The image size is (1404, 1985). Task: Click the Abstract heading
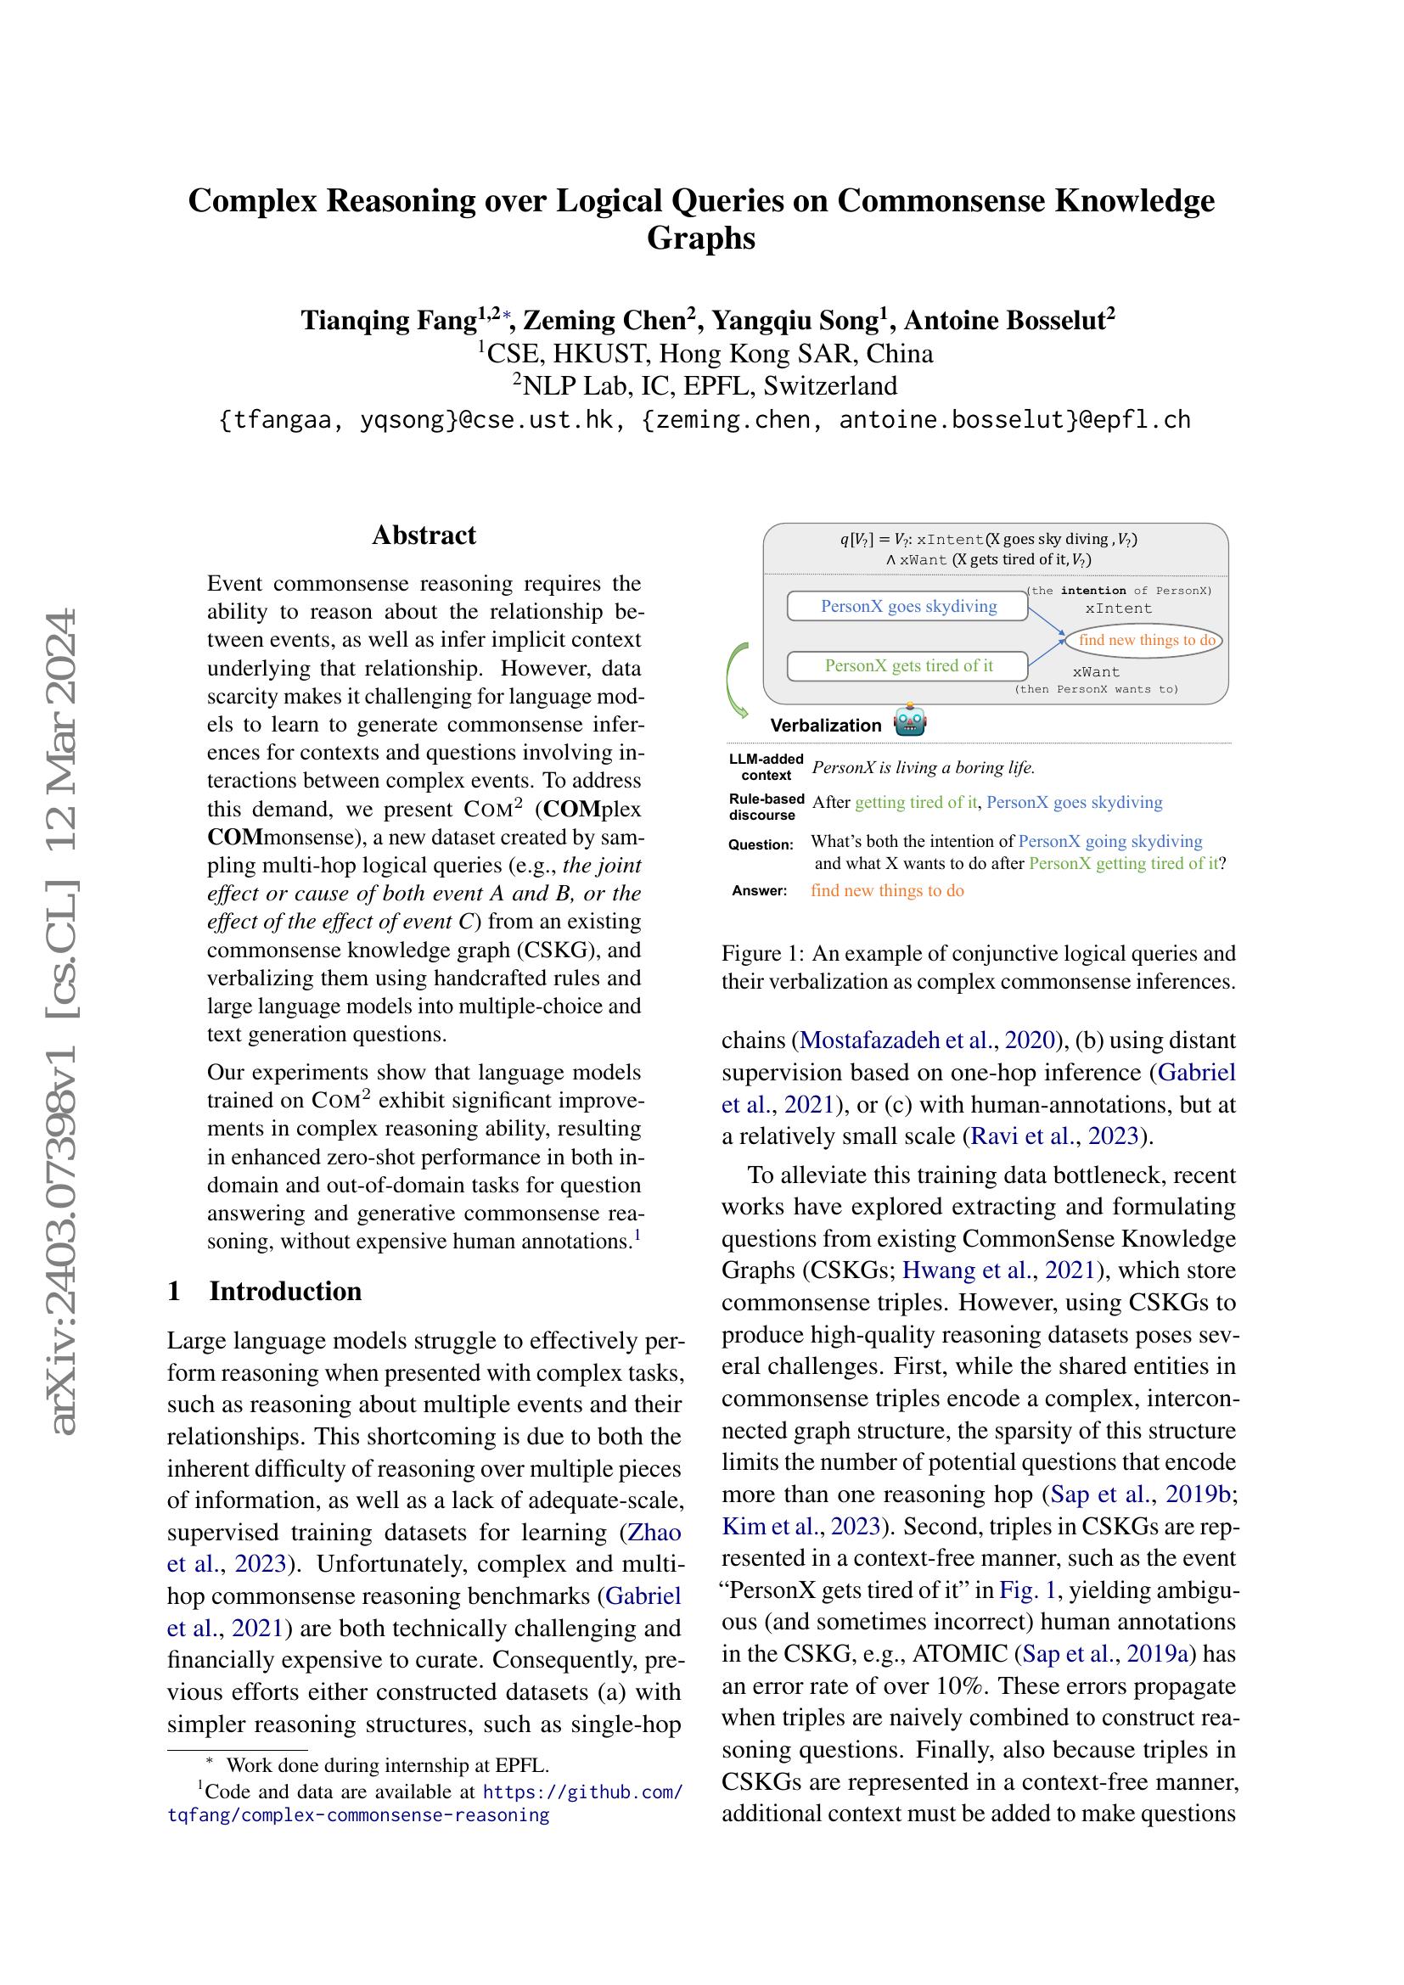(424, 536)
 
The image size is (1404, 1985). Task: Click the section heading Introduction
(284, 1291)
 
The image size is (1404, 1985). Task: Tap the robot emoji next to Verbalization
(909, 721)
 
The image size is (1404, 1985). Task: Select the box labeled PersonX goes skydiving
(907, 606)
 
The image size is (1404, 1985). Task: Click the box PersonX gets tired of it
(907, 665)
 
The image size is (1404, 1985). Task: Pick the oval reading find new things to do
(1146, 640)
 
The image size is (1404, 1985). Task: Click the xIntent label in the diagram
(1119, 608)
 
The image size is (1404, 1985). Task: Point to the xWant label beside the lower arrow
(1095, 672)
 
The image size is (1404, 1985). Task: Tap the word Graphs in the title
(701, 238)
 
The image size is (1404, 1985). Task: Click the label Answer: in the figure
(759, 890)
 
